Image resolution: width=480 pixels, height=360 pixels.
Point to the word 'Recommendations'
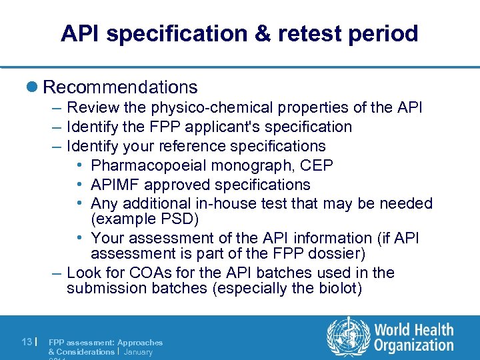click(120, 87)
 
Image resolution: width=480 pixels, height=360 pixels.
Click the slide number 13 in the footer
click(25, 342)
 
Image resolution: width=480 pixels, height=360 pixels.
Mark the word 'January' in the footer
click(139, 351)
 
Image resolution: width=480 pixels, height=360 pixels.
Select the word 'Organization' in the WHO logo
click(414, 346)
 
